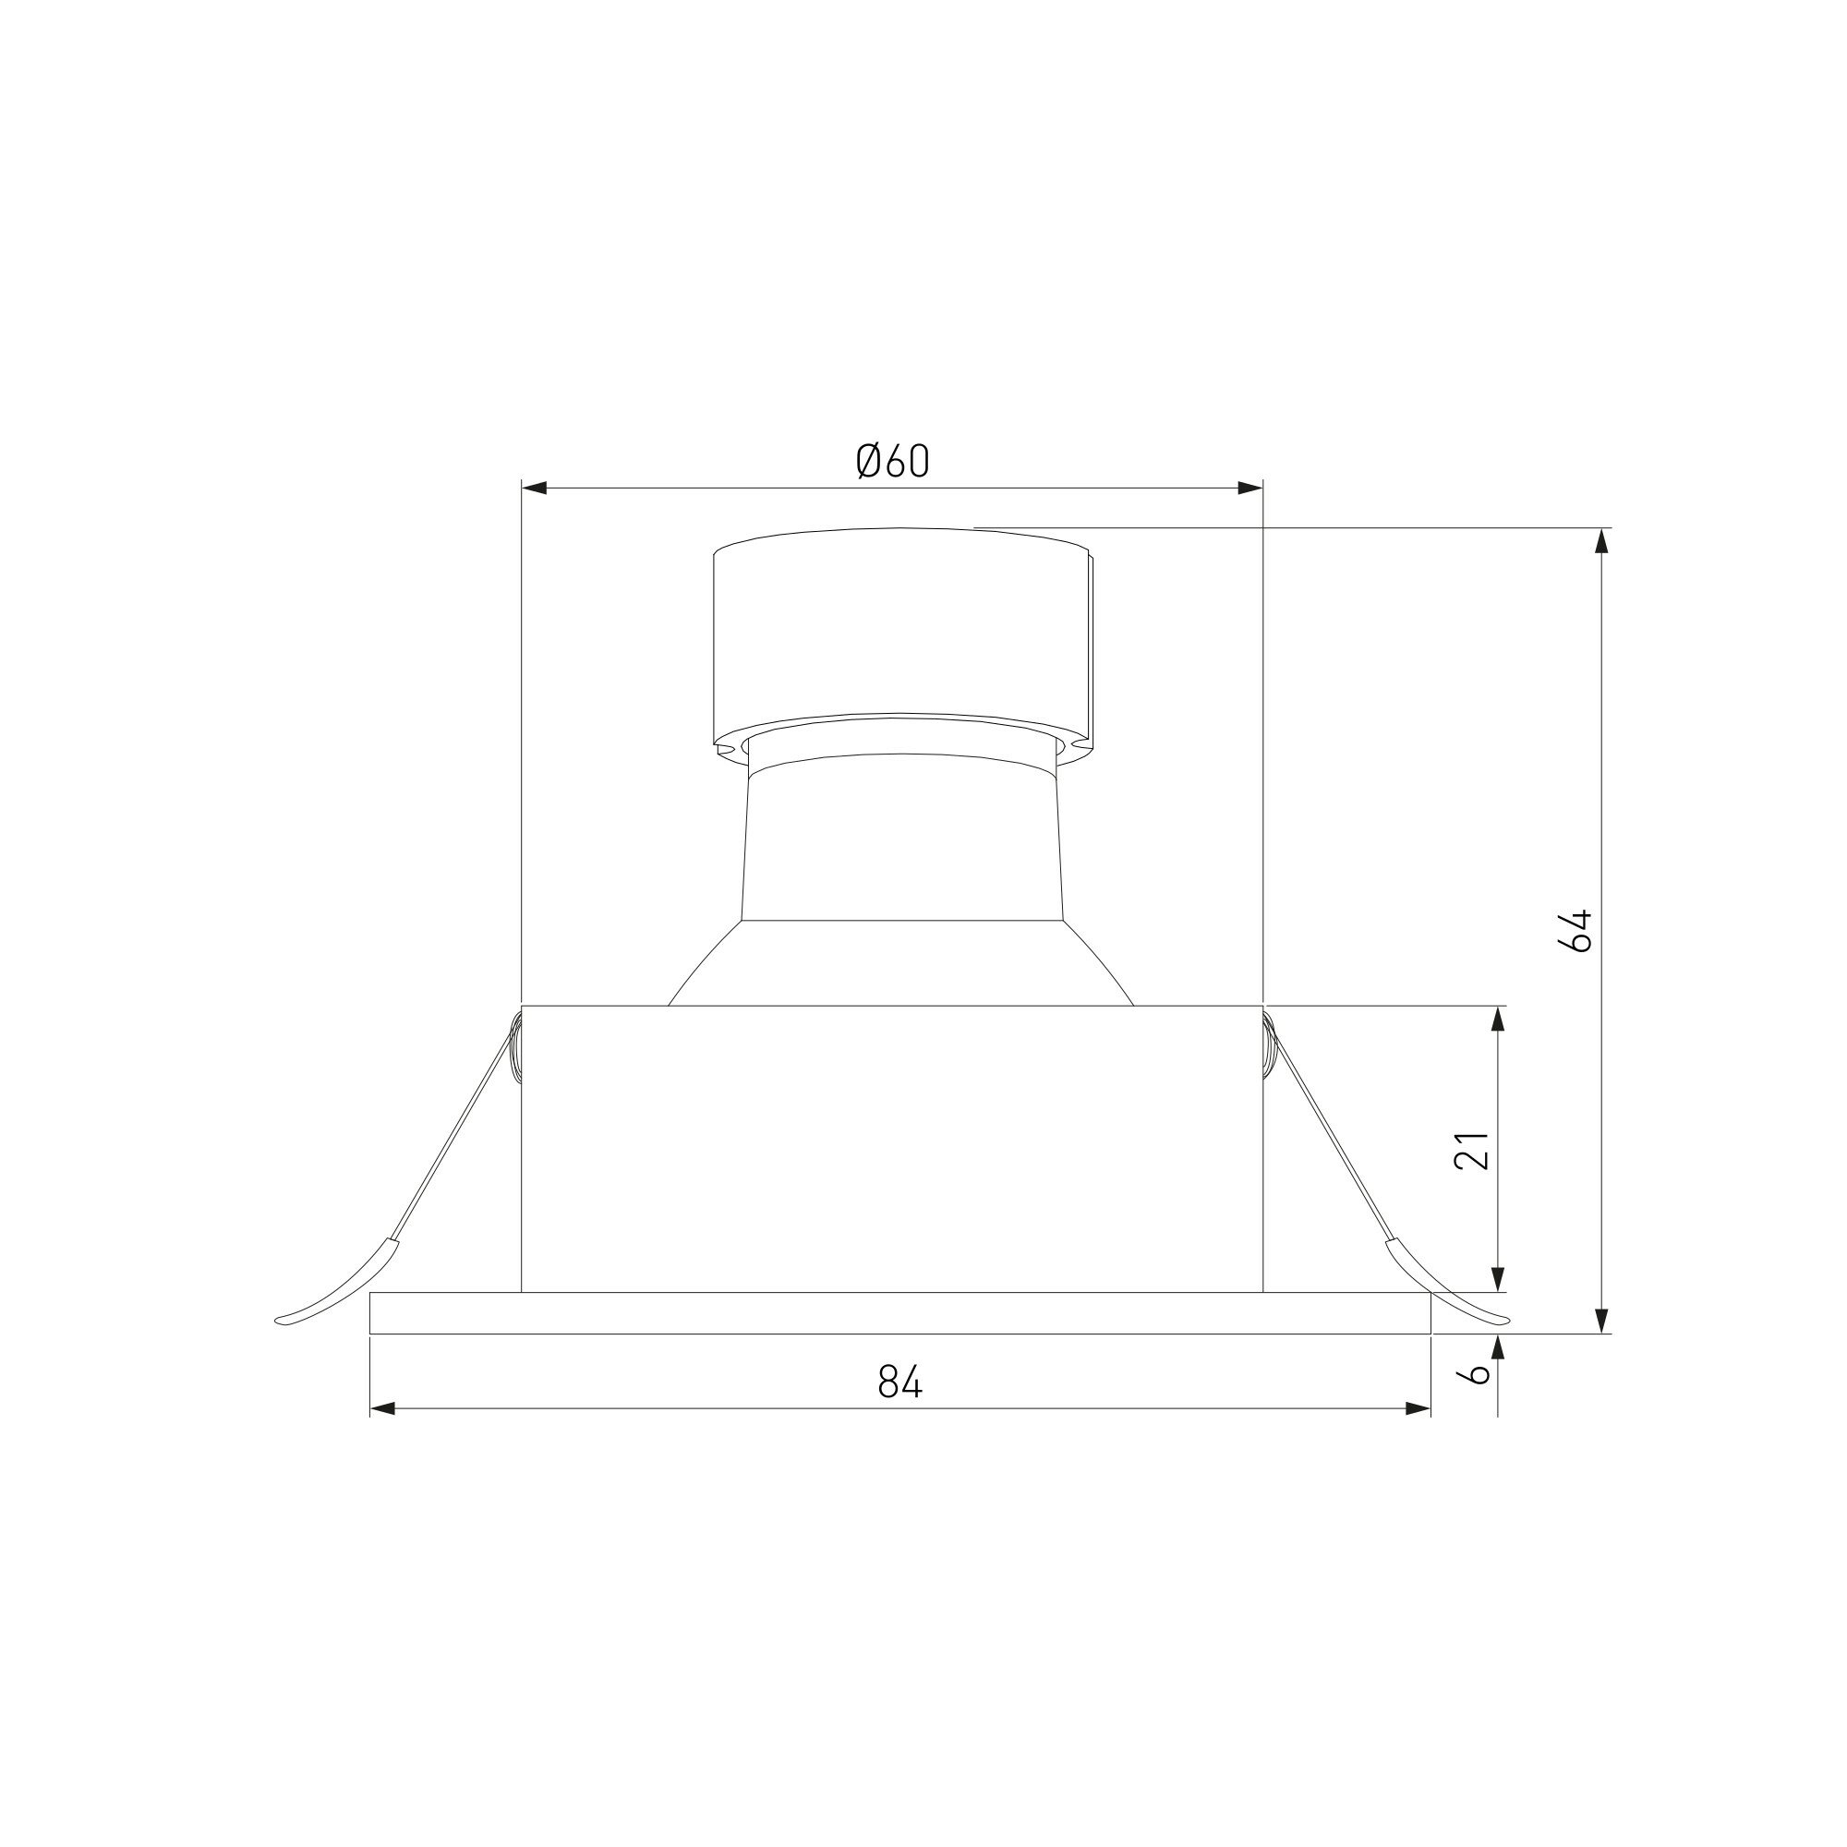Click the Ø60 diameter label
(x=893, y=462)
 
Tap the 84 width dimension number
(x=900, y=1382)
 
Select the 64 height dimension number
(x=1575, y=930)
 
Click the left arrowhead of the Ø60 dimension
(x=534, y=489)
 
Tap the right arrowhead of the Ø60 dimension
(x=1250, y=489)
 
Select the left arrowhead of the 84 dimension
(x=382, y=1408)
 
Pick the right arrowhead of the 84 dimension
(x=1418, y=1408)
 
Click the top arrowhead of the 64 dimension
(x=1602, y=541)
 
